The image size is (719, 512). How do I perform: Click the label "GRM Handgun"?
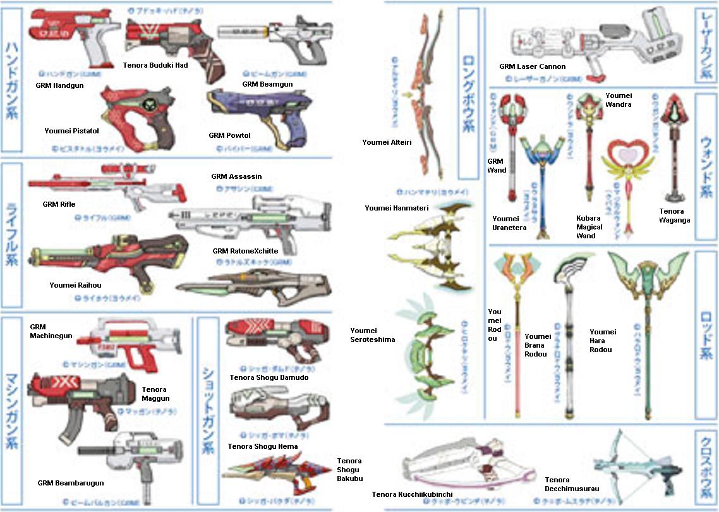56,84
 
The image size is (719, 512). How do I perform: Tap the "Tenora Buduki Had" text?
155,65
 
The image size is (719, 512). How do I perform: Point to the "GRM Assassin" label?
236,176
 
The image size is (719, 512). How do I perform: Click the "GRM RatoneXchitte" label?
245,251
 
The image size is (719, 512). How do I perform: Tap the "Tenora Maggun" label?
155,394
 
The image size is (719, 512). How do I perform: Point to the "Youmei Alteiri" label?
387,142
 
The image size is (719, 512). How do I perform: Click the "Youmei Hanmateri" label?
396,208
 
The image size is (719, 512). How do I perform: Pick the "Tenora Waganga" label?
675,216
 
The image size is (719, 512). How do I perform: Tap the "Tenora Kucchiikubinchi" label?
411,494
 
